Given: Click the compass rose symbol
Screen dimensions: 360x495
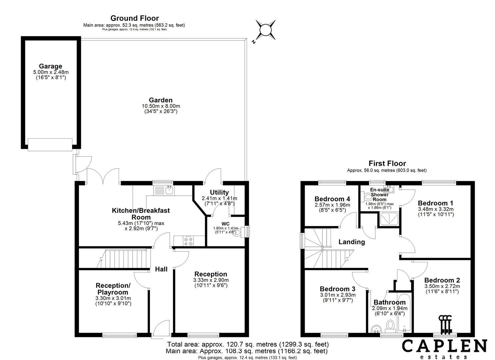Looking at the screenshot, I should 265,30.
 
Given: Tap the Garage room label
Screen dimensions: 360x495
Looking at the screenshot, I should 50,66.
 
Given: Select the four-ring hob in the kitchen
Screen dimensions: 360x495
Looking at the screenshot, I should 187,241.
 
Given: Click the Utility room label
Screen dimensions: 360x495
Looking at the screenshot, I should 219,192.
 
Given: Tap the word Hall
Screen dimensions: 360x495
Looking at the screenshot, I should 161,269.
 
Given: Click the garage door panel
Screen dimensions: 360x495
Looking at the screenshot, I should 50,144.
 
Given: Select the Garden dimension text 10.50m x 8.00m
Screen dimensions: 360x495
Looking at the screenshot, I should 161,106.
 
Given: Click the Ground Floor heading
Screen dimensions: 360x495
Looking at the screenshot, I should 134,18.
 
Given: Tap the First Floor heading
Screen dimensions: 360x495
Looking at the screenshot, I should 387,163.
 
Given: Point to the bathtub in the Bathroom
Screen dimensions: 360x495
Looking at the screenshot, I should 404,313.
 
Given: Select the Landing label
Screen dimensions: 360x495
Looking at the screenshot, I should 351,242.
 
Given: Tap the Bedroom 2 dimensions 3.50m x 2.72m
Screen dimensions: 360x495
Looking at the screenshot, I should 442,286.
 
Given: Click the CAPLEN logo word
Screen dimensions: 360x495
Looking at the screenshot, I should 444,346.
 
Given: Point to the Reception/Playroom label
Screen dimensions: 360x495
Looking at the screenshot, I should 113,289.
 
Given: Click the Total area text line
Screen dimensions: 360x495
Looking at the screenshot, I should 248,344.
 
